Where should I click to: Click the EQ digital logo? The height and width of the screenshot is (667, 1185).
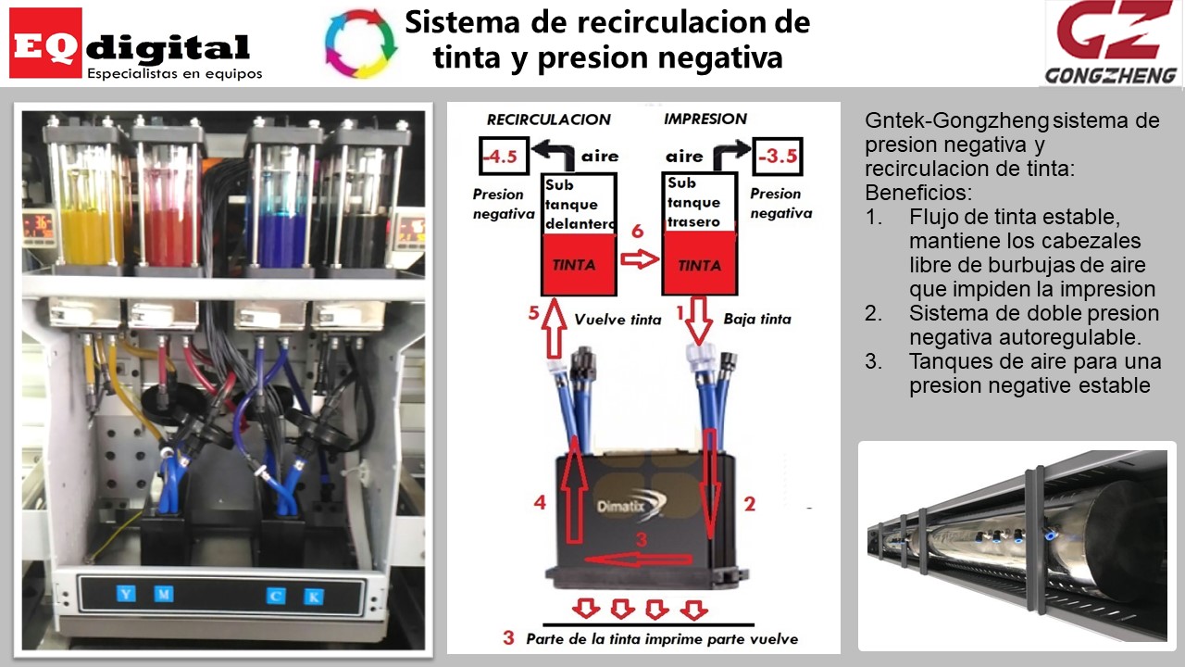point(135,44)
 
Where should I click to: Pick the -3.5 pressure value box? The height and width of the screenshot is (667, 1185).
point(778,157)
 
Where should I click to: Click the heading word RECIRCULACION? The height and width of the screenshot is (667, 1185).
point(549,120)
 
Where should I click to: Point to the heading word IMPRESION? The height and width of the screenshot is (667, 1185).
point(705,119)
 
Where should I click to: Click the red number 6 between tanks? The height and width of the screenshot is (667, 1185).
point(637,232)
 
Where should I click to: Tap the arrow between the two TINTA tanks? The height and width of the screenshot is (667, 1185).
point(637,261)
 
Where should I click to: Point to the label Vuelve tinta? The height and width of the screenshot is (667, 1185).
point(617,320)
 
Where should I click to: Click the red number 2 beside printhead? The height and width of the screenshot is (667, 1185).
point(750,504)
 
